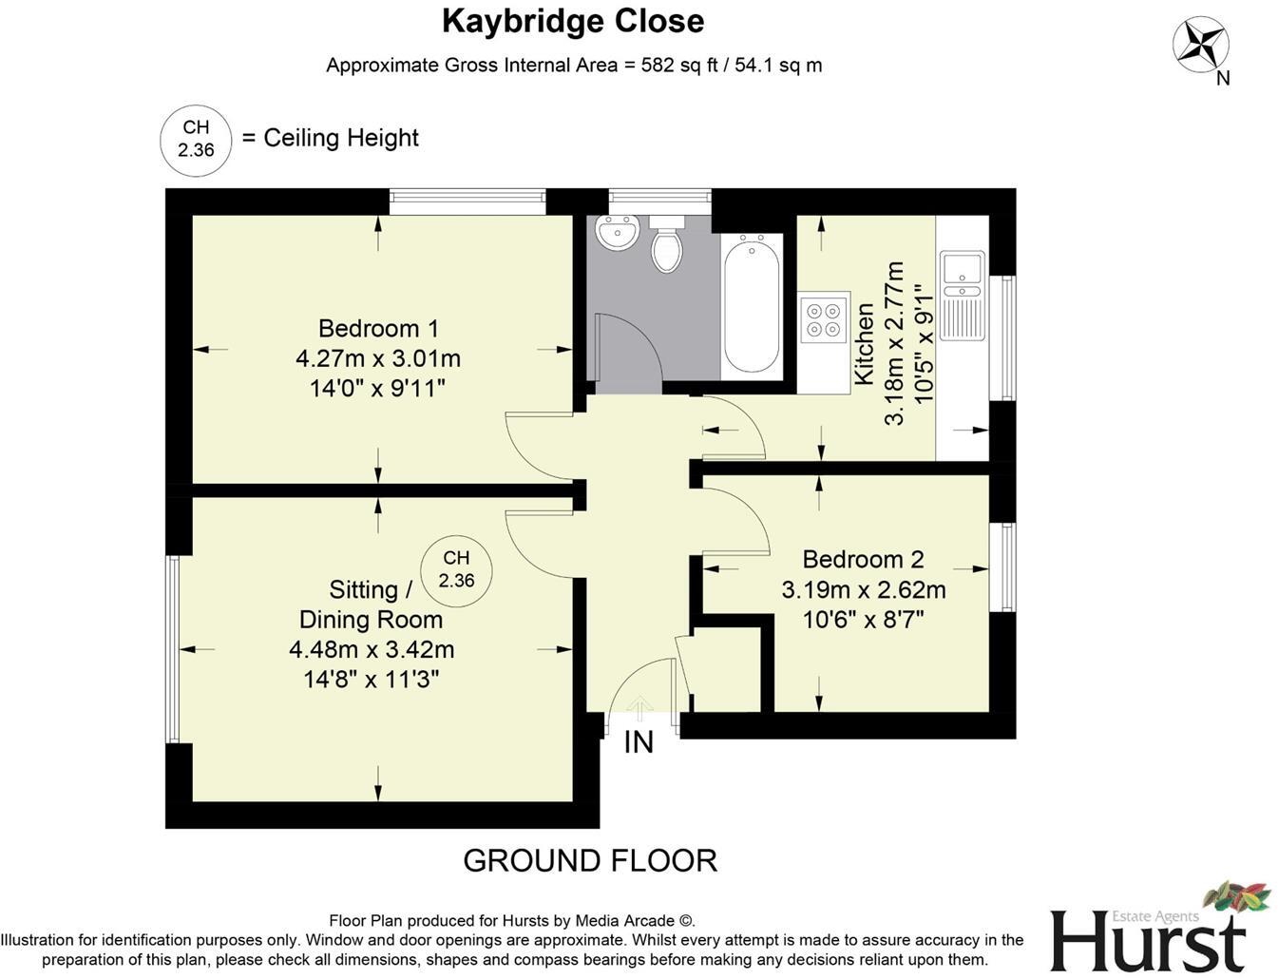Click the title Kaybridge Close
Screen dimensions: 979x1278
(x=573, y=21)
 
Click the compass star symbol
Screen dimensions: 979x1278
(x=1200, y=45)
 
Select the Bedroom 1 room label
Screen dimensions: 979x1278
(x=378, y=329)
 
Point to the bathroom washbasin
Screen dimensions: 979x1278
(x=617, y=232)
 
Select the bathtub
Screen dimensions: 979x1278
(x=752, y=305)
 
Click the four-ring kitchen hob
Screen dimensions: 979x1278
(x=823, y=319)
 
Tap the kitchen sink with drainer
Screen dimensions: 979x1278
(x=962, y=295)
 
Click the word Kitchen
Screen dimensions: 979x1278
(x=864, y=343)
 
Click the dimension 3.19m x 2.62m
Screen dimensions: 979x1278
(x=863, y=589)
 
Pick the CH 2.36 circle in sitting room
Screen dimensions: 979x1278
(x=456, y=569)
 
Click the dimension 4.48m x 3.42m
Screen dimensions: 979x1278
(x=372, y=650)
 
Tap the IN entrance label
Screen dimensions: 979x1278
(x=639, y=742)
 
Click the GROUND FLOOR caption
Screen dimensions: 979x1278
(x=589, y=860)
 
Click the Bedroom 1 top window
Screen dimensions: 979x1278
(x=467, y=198)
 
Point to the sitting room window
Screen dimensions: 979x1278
(x=173, y=648)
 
